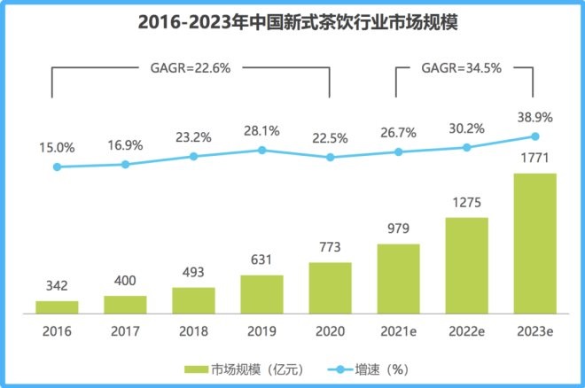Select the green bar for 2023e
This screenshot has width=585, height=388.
click(x=534, y=243)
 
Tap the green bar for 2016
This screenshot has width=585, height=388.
click(x=57, y=307)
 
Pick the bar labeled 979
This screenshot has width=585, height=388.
click(x=398, y=278)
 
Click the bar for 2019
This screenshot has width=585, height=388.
click(x=261, y=293)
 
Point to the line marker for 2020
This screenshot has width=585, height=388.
click(x=330, y=157)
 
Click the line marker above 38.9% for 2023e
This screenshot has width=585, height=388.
click(x=534, y=136)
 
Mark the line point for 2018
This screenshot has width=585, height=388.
click(x=193, y=156)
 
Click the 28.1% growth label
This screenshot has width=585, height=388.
click(x=261, y=131)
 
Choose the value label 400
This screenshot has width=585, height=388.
click(x=125, y=281)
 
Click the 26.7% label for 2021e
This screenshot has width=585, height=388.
click(x=398, y=133)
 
